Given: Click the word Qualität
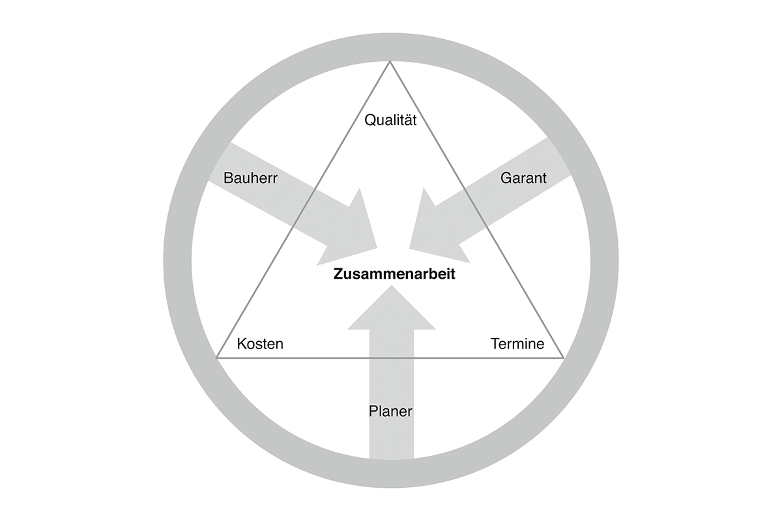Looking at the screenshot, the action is point(390,120).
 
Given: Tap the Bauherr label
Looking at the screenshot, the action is point(250,178).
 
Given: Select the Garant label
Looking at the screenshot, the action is point(523,178).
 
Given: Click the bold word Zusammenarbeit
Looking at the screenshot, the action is point(394,274).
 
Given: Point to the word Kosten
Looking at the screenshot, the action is point(260,344).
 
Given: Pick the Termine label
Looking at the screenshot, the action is point(517,344).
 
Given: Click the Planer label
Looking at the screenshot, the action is point(390,411).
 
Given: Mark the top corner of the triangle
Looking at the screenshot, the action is point(390,61).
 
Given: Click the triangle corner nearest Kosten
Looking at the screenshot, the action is point(216,358).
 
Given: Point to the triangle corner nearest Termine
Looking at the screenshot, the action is point(564,358).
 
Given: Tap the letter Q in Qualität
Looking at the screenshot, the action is point(370,120).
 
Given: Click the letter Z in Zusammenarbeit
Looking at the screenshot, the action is point(338,274).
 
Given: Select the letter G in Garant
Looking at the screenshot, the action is point(506,178).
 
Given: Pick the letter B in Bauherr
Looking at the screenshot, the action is point(228,178).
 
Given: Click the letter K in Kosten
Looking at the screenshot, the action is point(242,344).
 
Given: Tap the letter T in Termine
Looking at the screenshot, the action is point(495,344).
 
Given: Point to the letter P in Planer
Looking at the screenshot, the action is point(373,411).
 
